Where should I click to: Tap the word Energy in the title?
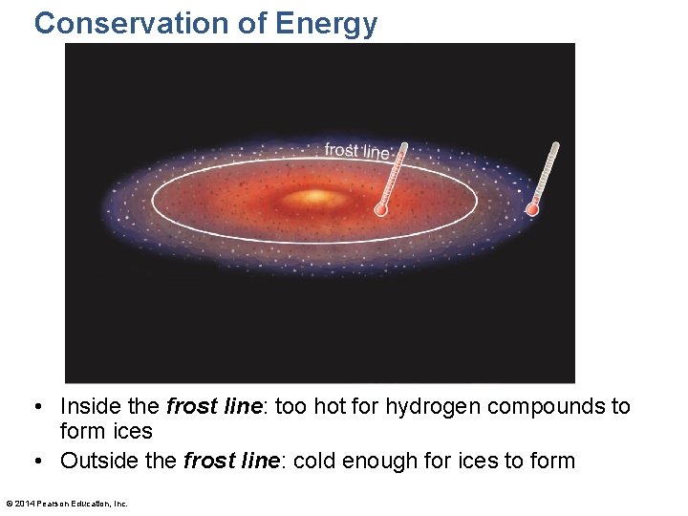[330, 23]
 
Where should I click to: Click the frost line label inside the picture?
[357, 151]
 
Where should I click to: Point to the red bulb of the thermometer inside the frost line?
[381, 208]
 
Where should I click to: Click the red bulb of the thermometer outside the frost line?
[533, 208]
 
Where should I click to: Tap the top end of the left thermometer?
[404, 146]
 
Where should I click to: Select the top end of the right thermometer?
[555, 146]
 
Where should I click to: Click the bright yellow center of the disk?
[314, 198]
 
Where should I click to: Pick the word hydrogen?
[432, 407]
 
